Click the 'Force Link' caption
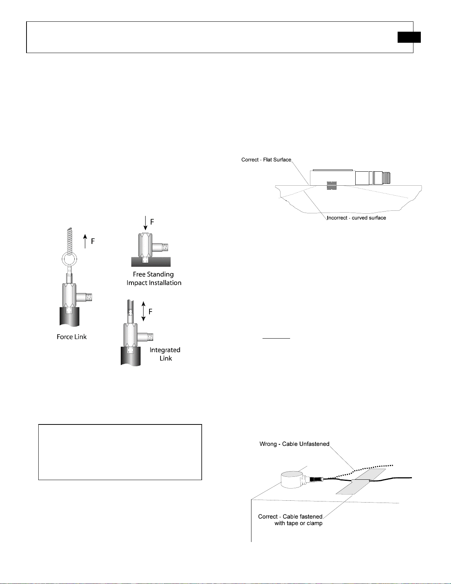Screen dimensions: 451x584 (71, 337)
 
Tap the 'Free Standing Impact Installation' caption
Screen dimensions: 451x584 (154, 279)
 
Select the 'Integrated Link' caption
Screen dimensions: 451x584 (165, 354)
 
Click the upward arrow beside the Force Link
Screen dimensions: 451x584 (85, 241)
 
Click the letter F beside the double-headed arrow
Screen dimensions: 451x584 (150, 312)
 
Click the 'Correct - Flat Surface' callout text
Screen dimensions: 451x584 (266, 160)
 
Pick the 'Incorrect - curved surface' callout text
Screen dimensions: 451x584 (356, 218)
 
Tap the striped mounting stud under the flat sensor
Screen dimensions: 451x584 (331, 185)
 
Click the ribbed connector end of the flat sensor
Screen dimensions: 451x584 (383, 178)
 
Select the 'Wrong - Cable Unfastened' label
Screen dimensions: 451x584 (295, 444)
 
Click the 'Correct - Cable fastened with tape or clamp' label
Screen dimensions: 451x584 (290, 520)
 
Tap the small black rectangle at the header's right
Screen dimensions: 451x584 (409, 37)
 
